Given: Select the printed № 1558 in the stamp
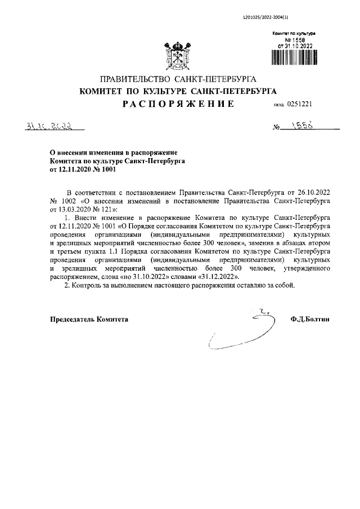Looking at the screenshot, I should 296,40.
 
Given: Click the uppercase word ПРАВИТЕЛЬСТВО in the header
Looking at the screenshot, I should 133,78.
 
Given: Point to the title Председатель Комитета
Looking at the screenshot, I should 89,319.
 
